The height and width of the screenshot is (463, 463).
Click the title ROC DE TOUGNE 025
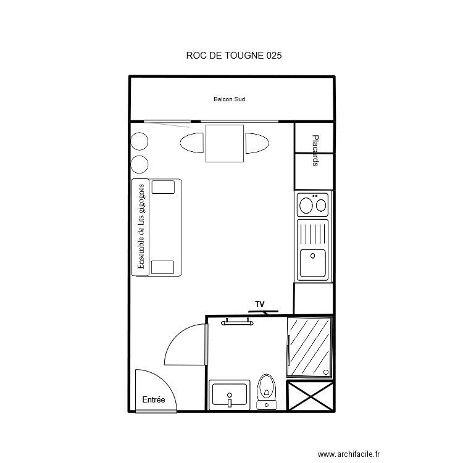tap(234, 56)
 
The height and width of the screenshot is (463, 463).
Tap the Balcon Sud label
tap(230, 99)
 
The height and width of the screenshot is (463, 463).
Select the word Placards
tap(315, 151)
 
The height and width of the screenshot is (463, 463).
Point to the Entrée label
tap(154, 400)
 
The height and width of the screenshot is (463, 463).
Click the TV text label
tap(260, 304)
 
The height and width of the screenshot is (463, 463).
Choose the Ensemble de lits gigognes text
tap(141, 227)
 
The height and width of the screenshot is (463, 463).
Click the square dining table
tap(224, 143)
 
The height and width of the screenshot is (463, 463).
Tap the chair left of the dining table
tap(191, 143)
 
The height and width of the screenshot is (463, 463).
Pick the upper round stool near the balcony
tap(140, 141)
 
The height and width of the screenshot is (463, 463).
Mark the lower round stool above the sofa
tap(140, 164)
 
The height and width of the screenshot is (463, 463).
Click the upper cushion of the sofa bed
tap(163, 187)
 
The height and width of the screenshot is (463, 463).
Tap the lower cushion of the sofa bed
tap(163, 267)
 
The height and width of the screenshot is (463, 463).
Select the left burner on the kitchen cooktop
tap(306, 203)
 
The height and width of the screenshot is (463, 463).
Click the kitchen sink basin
tap(313, 263)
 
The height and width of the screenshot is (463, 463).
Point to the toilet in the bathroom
tap(267, 390)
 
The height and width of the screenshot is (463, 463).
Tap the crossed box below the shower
tap(311, 396)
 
